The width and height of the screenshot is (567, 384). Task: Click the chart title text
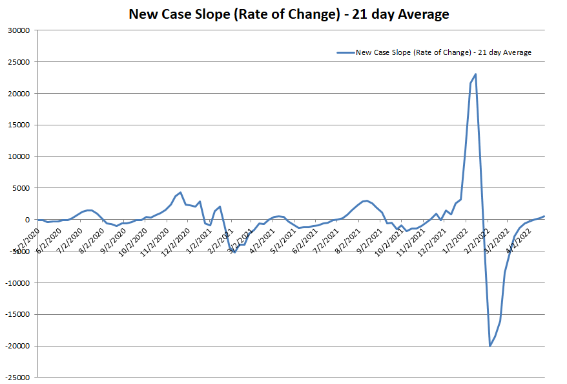(x=289, y=14)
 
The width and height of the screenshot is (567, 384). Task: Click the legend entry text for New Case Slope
(x=443, y=52)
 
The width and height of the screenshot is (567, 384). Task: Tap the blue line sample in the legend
(x=345, y=52)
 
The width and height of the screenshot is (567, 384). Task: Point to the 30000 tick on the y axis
(x=19, y=30)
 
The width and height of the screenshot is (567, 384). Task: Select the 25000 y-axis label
(x=19, y=62)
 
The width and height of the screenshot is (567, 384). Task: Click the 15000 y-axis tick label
(x=19, y=125)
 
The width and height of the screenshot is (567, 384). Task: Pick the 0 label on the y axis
(x=29, y=220)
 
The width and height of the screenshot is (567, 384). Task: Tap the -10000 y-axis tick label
(x=18, y=283)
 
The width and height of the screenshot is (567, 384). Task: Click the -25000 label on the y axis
(x=18, y=378)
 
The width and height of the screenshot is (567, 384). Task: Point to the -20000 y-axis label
(x=18, y=346)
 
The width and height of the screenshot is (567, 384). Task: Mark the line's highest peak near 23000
(x=476, y=74)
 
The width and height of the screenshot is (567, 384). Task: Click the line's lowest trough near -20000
(x=490, y=346)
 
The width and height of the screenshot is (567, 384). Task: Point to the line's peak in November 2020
(x=181, y=192)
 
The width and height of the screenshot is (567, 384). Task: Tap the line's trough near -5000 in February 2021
(x=234, y=252)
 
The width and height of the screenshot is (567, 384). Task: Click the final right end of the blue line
(x=544, y=216)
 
